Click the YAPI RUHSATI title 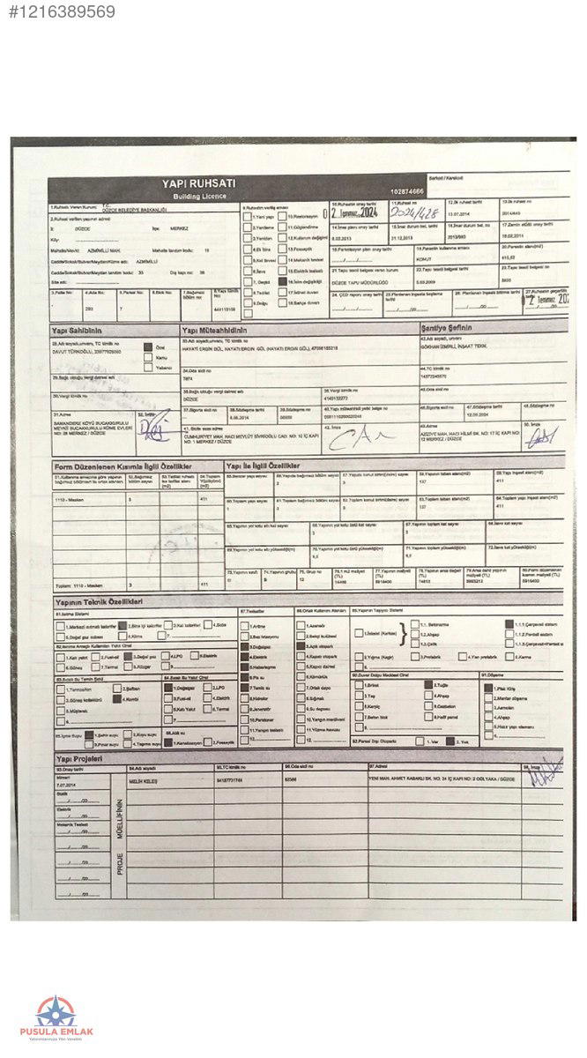click(198, 183)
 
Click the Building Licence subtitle click(198, 195)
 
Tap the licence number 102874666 click(406, 191)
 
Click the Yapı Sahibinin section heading click(78, 330)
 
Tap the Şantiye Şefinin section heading click(452, 327)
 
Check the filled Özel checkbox click(147, 348)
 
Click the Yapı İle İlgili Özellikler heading click(264, 464)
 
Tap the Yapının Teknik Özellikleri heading click(99, 601)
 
